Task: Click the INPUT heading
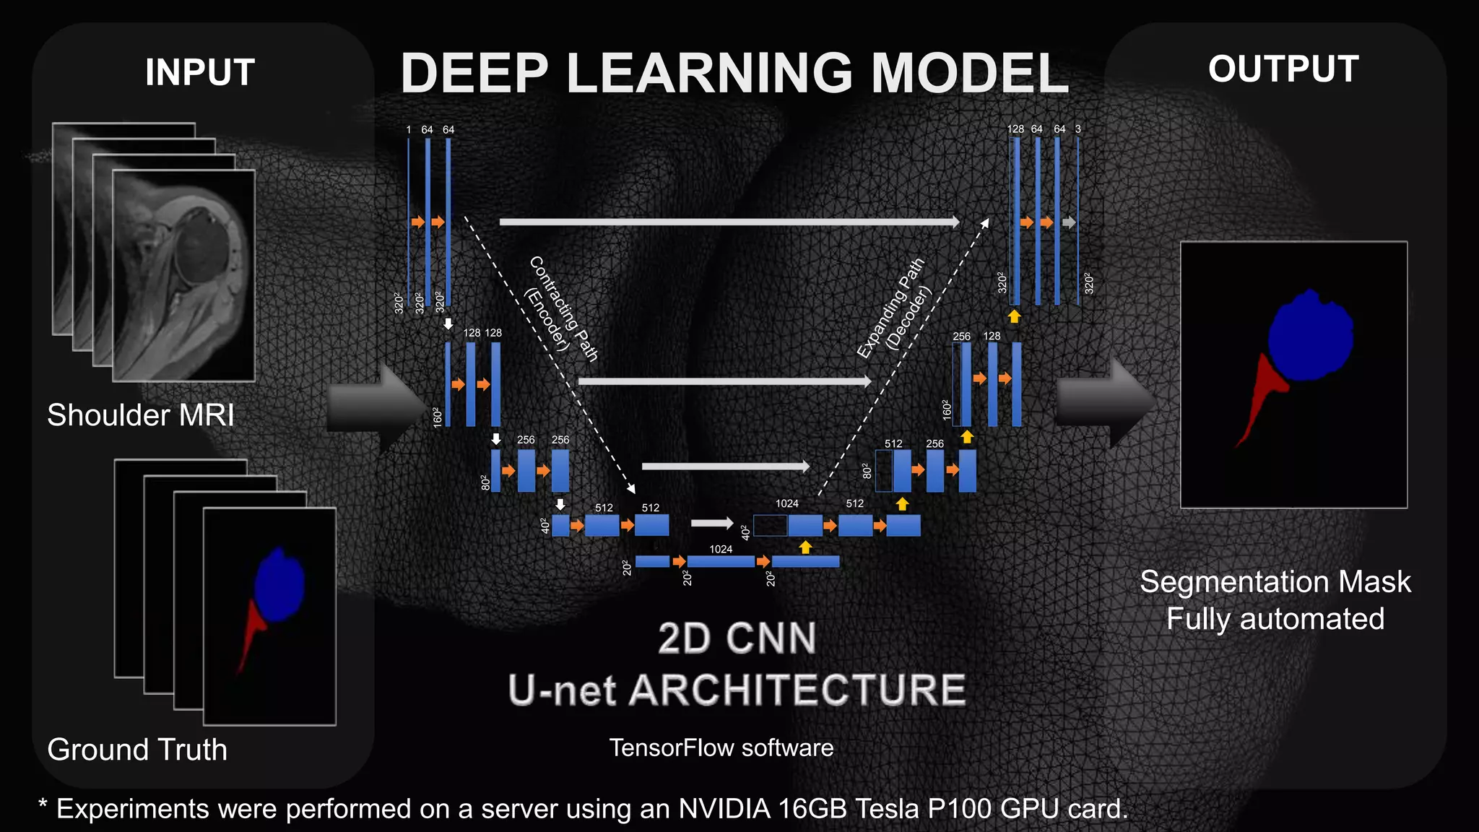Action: coord(200,72)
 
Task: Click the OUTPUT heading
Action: coord(1283,69)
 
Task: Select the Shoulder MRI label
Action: coord(141,415)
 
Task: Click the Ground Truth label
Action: coord(137,750)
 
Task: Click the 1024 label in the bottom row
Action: coord(721,550)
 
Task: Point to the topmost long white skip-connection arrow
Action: coord(729,222)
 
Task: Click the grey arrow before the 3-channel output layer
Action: coord(1069,222)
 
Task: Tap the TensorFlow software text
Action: coord(721,747)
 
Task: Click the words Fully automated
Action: coord(1275,619)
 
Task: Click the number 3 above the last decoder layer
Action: coord(1078,129)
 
